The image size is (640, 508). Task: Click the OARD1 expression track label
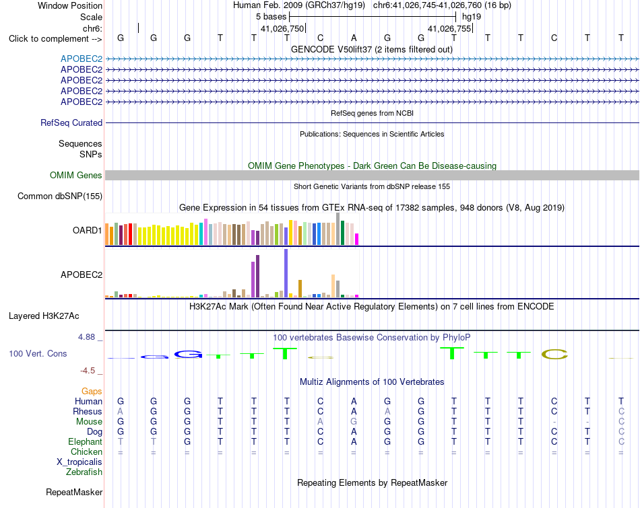pos(88,230)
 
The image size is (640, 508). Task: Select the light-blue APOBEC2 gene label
pos(82,59)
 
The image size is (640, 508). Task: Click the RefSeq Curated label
pos(71,122)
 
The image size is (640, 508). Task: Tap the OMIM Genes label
pos(76,176)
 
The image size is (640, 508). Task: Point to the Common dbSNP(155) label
pos(60,196)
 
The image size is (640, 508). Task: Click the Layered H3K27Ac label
pos(44,316)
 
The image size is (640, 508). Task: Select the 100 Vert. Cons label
pos(38,353)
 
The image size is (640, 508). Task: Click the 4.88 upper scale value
pos(86,337)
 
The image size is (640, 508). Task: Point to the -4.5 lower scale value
pos(88,371)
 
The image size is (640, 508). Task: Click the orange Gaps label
pos(92,392)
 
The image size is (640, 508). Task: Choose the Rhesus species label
pos(88,411)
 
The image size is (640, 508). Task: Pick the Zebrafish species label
pos(84,472)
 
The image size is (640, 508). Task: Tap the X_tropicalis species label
pos(79,462)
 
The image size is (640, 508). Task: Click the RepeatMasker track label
pos(74,492)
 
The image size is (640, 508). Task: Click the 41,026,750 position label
pos(282,28)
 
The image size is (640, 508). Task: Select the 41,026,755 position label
pos(449,28)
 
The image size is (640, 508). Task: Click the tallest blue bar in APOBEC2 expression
pos(286,273)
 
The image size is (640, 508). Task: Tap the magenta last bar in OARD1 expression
pos(357,239)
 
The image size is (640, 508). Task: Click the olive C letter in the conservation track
pos(554,355)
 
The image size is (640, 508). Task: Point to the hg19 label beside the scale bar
pos(472,17)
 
